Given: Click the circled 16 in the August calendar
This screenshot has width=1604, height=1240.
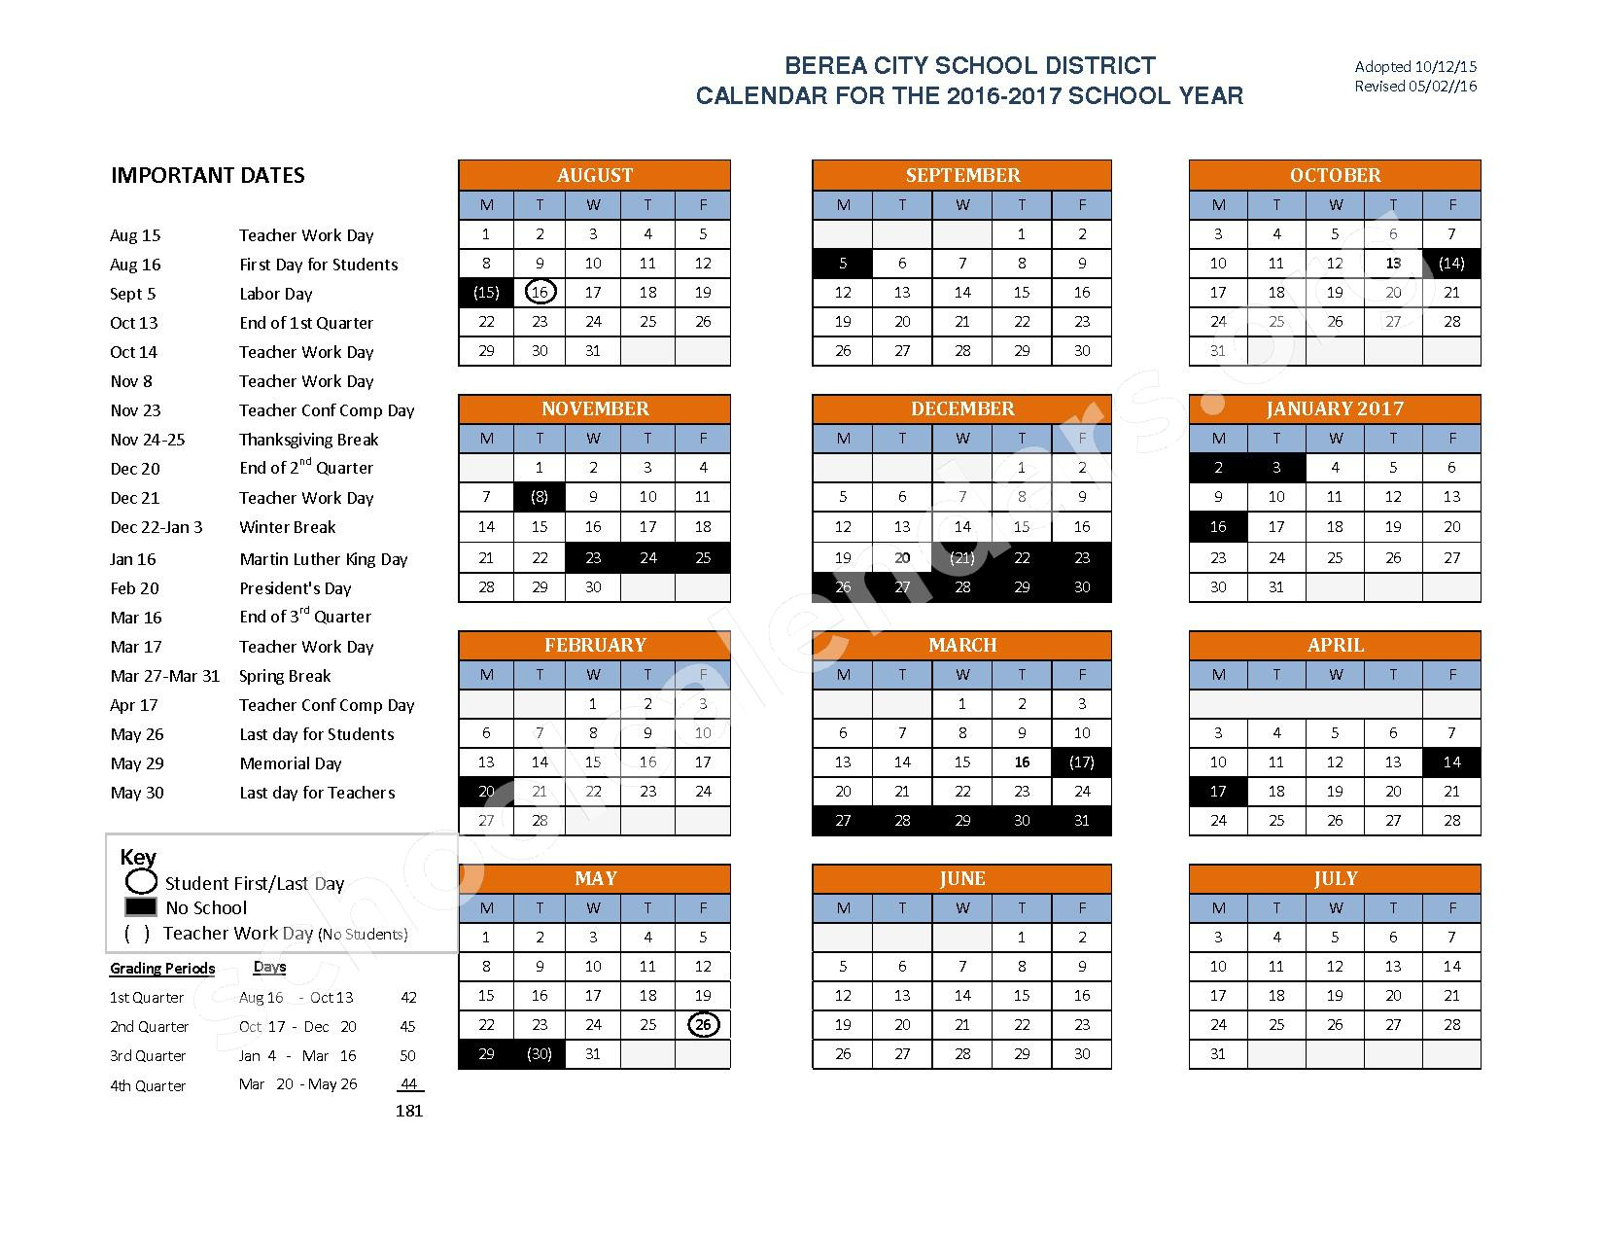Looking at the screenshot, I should [540, 293].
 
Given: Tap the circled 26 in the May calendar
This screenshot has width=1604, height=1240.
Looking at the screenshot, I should [703, 1025].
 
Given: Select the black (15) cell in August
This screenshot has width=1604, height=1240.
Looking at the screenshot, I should [486, 293].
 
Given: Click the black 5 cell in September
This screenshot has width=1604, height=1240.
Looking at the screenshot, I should [843, 264].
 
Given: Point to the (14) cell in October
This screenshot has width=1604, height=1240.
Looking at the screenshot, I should [1451, 264].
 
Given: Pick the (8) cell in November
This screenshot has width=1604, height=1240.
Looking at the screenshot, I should [540, 497].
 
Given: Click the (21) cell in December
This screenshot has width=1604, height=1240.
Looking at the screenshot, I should [962, 558].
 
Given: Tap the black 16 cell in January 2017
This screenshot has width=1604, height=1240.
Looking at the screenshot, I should [1218, 527].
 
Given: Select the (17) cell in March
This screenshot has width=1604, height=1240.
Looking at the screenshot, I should [1081, 762].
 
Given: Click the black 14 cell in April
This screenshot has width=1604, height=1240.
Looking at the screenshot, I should [1451, 762].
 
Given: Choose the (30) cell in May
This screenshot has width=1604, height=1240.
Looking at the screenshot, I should [540, 1054].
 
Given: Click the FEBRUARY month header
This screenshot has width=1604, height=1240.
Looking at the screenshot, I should [594, 646].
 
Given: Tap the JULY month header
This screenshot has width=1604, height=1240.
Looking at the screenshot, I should [1335, 879].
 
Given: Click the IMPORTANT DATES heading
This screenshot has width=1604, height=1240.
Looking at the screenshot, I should [208, 176].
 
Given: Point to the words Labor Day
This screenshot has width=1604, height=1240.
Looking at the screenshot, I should [276, 294].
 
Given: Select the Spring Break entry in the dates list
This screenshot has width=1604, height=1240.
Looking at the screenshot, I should [285, 676].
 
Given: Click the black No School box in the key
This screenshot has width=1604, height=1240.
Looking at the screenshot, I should [141, 907].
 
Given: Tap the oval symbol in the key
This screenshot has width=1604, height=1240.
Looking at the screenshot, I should [142, 882].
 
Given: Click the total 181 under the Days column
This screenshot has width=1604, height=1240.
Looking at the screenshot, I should [409, 1111].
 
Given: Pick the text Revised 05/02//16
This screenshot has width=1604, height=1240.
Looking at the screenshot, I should [1415, 87].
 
